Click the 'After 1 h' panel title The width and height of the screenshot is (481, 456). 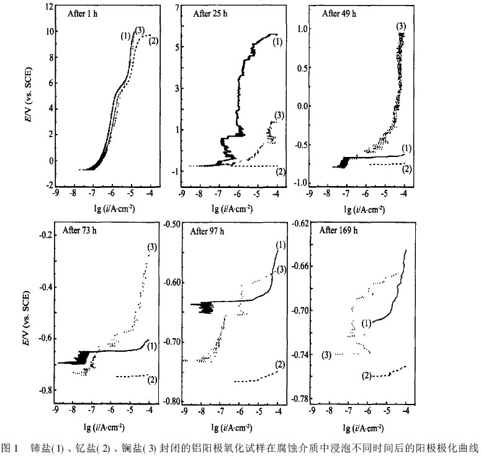point(82,13)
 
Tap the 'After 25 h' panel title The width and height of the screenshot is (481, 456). point(211,13)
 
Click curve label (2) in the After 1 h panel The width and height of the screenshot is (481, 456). point(155,41)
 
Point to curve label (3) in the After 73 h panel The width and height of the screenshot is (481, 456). point(151,247)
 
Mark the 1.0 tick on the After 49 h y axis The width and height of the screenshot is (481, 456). point(302,28)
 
